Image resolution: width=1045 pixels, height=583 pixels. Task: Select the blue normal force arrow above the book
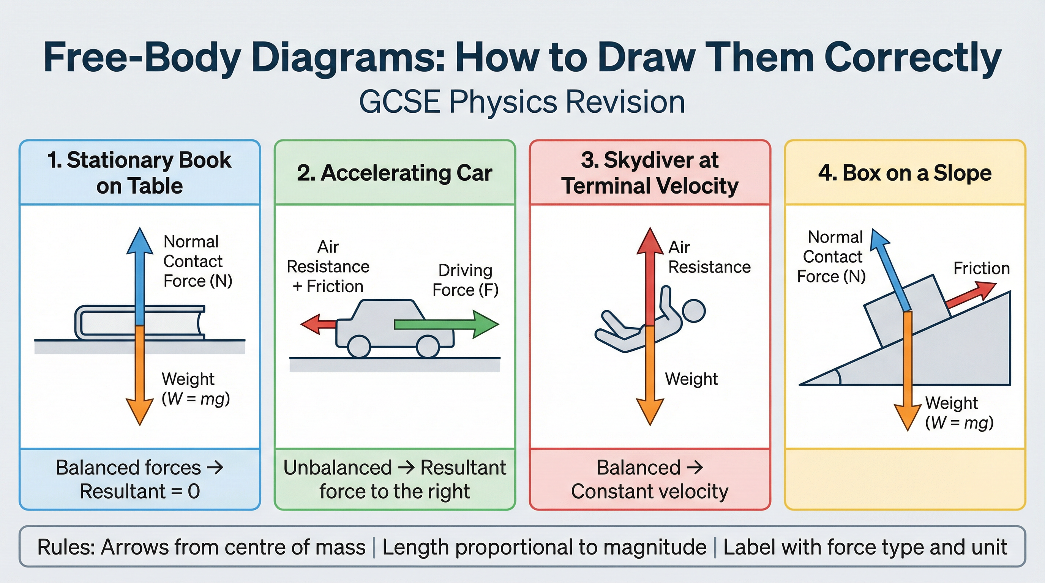pyautogui.click(x=140, y=276)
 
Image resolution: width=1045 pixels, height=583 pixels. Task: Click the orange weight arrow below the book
pyautogui.click(x=140, y=377)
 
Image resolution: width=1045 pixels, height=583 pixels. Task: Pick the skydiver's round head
pyautogui.click(x=694, y=311)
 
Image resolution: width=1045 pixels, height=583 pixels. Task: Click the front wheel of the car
pyautogui.click(x=428, y=347)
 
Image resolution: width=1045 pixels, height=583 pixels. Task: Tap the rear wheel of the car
pyautogui.click(x=359, y=347)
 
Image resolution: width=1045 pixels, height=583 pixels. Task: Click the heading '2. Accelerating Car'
pyautogui.click(x=394, y=173)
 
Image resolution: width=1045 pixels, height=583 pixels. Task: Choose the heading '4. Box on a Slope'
pyautogui.click(x=905, y=173)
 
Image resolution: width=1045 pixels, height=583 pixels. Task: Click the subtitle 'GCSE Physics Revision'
pyautogui.click(x=522, y=102)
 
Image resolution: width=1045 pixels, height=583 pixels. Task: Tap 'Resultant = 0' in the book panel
pyautogui.click(x=140, y=492)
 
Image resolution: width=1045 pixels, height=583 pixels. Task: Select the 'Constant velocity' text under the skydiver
pyautogui.click(x=649, y=492)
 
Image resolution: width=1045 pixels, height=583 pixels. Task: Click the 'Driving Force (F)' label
pyautogui.click(x=465, y=280)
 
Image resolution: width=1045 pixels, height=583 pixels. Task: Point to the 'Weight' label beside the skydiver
pyautogui.click(x=691, y=379)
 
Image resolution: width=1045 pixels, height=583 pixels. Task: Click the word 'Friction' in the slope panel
pyautogui.click(x=981, y=268)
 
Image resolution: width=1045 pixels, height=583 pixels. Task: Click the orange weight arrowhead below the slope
pyautogui.click(x=908, y=418)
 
